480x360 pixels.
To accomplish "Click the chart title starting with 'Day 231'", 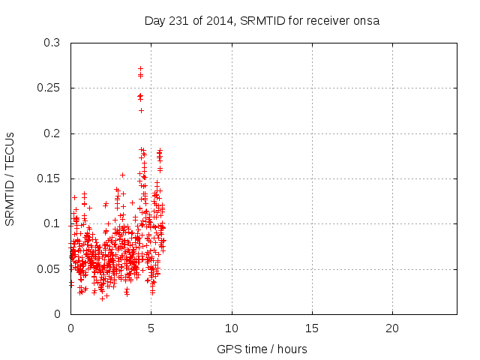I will point(262,21).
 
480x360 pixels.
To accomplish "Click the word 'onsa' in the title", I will point(367,21).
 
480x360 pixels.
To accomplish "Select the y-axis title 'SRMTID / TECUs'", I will point(10,178).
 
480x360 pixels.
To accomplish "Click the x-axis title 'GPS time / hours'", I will point(262,349).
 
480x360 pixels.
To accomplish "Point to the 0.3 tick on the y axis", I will point(52,43).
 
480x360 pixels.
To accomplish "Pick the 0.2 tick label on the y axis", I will point(52,133).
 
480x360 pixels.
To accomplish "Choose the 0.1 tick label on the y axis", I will point(52,223).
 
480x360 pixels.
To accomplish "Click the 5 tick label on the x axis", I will point(151,328).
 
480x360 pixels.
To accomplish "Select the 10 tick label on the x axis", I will point(232,328).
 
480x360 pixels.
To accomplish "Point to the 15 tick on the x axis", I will point(312,328).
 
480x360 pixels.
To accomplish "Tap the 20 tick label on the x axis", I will point(392,328).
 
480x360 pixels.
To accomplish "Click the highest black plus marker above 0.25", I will point(140,68).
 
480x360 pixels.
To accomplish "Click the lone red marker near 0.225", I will point(141,110).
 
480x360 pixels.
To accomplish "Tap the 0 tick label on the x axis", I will point(70,328).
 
